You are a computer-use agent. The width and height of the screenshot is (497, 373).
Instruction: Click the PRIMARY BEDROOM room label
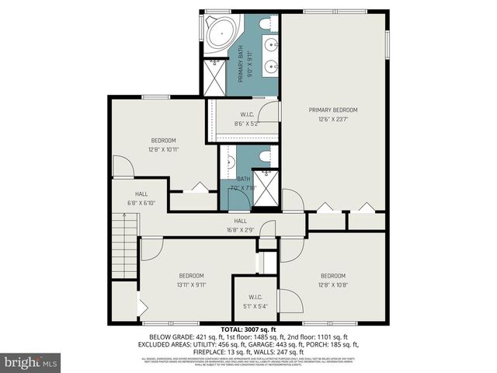tap(334, 110)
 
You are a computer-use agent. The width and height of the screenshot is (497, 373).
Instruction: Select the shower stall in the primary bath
tap(214, 76)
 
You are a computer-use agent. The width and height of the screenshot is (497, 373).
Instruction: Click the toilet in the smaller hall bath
tap(263, 157)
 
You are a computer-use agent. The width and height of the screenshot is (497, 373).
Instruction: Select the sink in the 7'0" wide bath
tap(231, 164)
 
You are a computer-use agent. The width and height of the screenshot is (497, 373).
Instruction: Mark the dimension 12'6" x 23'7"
tap(334, 119)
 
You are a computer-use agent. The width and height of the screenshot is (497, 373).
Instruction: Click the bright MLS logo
tap(31, 362)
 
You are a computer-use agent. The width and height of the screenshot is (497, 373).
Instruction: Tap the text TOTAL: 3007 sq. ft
tap(248, 330)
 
